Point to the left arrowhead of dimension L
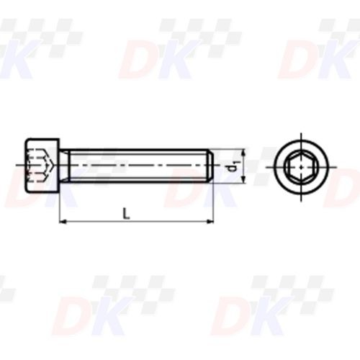63,222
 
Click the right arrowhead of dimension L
212,222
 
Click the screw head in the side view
42,166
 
